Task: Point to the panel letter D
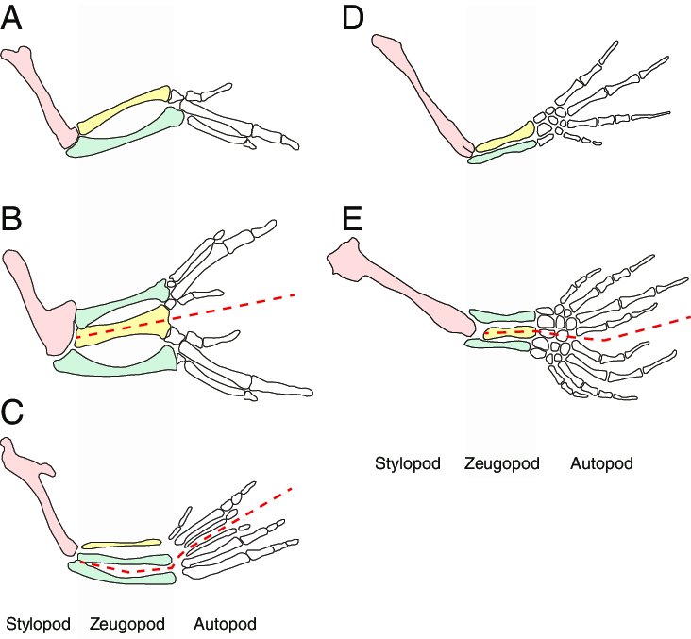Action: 354,19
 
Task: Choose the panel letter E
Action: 353,220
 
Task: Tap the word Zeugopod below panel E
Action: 502,464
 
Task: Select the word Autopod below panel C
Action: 225,624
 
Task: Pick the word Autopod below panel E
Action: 601,464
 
